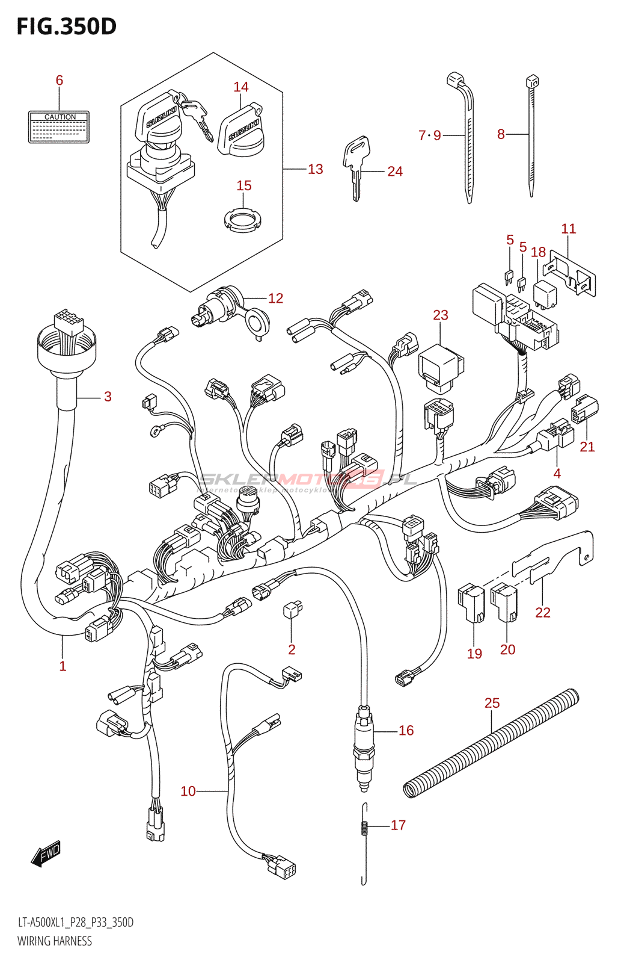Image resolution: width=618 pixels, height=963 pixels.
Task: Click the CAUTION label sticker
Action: click(59, 126)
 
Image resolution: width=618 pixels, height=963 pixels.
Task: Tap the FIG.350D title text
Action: click(66, 26)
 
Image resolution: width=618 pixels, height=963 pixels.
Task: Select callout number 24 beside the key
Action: click(395, 172)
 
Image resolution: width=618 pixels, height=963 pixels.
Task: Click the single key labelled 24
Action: click(356, 166)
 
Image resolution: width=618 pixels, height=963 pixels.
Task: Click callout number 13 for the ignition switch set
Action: click(316, 169)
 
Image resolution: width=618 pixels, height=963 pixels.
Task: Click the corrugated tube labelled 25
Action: click(491, 744)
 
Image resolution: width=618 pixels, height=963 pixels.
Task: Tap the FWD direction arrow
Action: click(46, 853)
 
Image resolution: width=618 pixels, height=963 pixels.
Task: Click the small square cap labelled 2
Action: click(292, 610)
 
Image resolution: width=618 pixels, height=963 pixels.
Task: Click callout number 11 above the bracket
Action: click(569, 229)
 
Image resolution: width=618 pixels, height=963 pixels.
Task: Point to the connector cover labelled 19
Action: click(472, 604)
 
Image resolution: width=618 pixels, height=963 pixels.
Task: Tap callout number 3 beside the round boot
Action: click(108, 396)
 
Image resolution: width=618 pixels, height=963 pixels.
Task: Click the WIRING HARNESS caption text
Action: click(55, 941)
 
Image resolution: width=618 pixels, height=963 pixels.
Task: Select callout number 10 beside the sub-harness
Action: click(188, 791)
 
